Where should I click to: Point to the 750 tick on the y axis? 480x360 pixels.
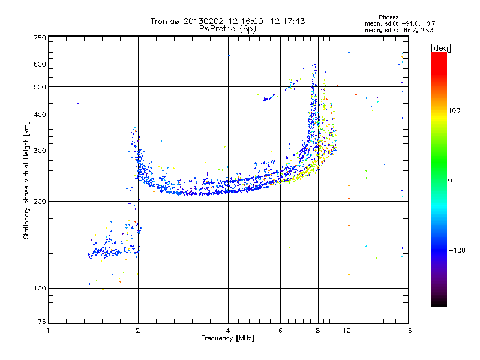click(x=40, y=38)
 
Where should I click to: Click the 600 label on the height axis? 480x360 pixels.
click(x=40, y=64)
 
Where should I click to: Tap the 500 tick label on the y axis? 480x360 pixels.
click(x=40, y=88)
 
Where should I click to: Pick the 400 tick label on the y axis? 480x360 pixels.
click(x=40, y=115)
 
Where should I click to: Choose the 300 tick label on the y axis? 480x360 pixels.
click(x=40, y=151)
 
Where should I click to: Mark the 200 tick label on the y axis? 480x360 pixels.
click(x=40, y=202)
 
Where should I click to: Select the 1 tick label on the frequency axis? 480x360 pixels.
click(x=48, y=331)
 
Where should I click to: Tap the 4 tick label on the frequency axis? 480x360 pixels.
click(x=228, y=331)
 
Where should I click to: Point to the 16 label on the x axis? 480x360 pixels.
click(x=407, y=331)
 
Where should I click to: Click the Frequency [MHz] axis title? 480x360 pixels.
click(x=227, y=338)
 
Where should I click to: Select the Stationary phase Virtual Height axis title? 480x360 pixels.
click(x=26, y=180)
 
